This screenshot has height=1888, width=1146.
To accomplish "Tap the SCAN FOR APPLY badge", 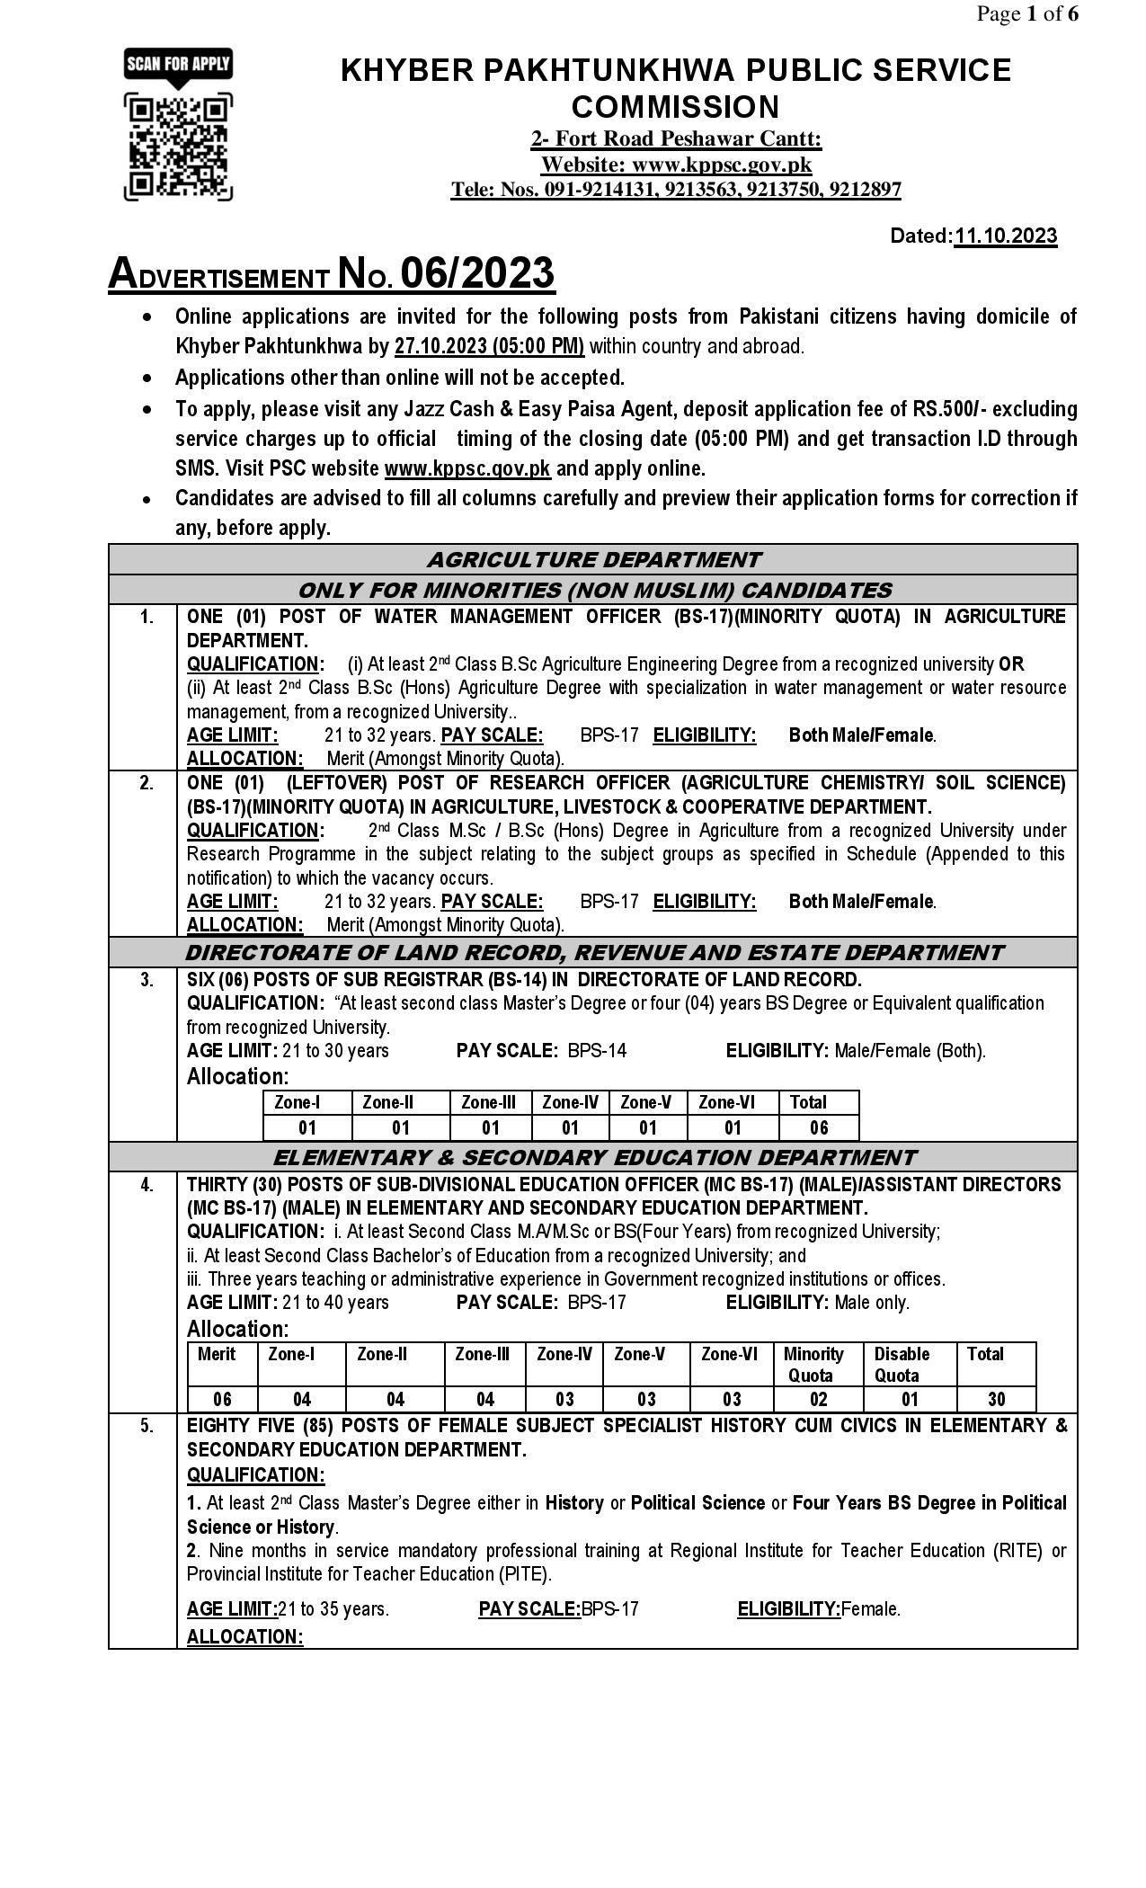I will (x=177, y=64).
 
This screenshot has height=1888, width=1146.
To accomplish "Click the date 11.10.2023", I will (x=1005, y=236).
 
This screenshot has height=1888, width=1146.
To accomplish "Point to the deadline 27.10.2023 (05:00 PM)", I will (x=489, y=346).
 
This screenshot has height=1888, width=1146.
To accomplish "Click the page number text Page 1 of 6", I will (x=1027, y=13).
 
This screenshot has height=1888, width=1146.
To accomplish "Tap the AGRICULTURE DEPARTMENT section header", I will (x=593, y=559).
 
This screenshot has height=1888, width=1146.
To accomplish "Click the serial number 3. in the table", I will (x=147, y=980).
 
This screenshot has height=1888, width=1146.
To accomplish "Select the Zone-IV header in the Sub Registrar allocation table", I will (x=570, y=1102).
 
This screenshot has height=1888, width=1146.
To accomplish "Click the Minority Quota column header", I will (x=813, y=1364).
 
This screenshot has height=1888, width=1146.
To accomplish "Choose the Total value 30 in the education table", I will (x=996, y=1399).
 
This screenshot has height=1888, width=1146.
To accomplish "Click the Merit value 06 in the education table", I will (x=222, y=1399).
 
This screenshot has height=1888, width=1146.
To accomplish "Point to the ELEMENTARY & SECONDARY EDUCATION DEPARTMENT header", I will (x=593, y=1157).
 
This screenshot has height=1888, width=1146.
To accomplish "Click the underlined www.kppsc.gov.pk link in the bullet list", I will (x=467, y=468).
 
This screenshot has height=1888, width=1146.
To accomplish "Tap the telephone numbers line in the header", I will (x=675, y=189).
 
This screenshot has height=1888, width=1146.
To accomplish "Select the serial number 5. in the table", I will (x=147, y=1426).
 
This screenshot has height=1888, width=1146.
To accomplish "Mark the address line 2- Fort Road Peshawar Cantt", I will (x=675, y=138).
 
